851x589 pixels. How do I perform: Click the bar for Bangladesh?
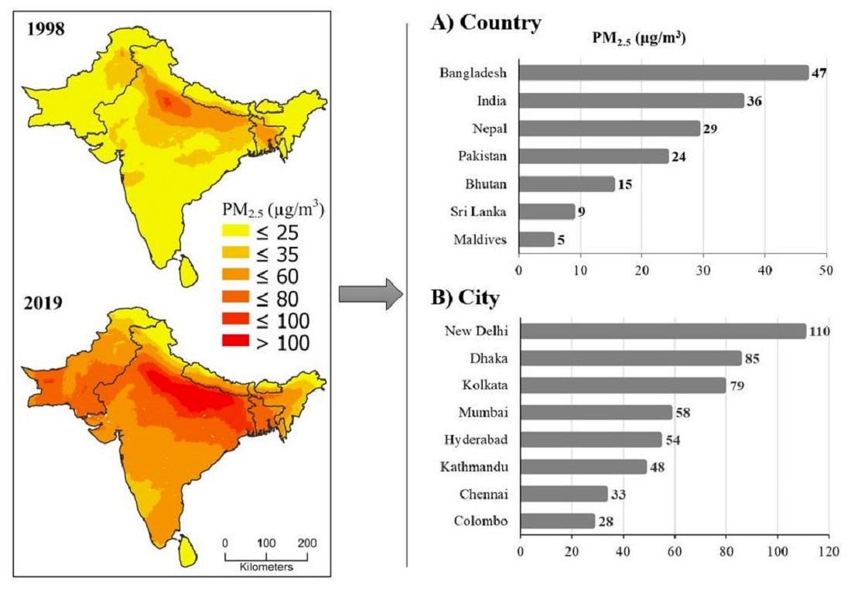[x=662, y=73]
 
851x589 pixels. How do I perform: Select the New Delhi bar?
[x=662, y=331]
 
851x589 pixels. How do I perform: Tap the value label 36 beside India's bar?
[x=756, y=101]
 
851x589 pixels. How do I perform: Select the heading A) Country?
[x=486, y=24]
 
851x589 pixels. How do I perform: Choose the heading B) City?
[x=465, y=298]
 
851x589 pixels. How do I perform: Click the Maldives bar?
[x=536, y=239]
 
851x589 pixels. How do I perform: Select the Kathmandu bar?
[x=583, y=467]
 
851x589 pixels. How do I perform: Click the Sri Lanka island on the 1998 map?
[x=186, y=272]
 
